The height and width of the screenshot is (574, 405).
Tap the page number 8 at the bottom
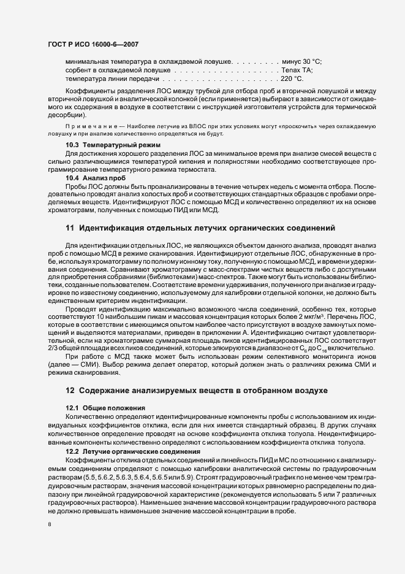(49, 524)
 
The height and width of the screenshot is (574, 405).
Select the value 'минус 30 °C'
(301, 62)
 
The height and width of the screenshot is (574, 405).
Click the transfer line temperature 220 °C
(292, 79)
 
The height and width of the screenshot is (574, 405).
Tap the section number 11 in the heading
(69, 228)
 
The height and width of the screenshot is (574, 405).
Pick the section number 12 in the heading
(69, 390)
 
